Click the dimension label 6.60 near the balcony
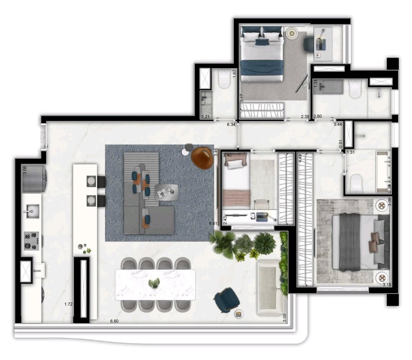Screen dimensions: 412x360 114,321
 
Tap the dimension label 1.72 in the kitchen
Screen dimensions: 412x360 68,304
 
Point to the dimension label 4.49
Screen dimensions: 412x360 300,159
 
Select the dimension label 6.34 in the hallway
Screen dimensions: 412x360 231,124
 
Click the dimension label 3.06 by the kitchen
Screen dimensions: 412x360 25,170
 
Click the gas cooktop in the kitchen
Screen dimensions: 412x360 32,241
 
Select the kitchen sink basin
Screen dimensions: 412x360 32,211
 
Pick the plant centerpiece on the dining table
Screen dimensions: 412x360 154,283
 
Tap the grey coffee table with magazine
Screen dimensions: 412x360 167,192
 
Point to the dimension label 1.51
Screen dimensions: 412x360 351,152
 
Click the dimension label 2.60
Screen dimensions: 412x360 318,116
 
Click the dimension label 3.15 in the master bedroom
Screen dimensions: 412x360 387,284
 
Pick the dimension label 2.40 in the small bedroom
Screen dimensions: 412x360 227,155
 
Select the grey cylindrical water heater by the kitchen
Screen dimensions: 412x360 34,178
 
